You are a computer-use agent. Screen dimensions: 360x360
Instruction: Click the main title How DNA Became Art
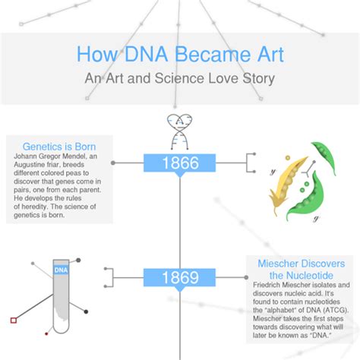tap(179, 55)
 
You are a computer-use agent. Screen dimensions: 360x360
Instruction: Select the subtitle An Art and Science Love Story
tap(179, 78)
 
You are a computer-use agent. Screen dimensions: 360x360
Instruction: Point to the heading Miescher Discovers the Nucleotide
tap(302, 269)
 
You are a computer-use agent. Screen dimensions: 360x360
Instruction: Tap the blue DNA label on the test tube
tap(62, 268)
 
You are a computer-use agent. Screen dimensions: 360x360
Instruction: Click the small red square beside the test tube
tap(13, 320)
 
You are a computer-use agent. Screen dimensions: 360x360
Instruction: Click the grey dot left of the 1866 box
tap(114, 163)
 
